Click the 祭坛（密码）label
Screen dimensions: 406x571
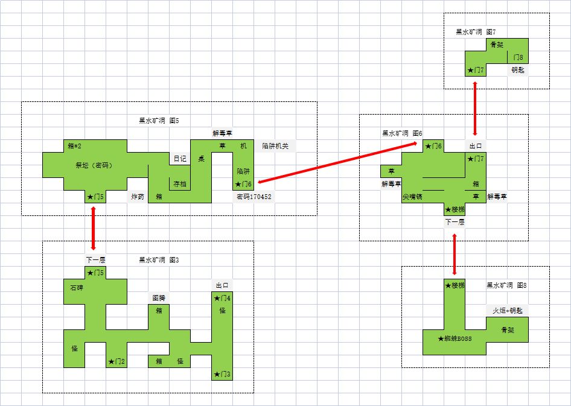point(94,165)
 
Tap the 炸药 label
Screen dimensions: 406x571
point(138,197)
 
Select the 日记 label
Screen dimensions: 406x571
point(180,159)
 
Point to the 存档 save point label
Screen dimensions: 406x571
point(180,184)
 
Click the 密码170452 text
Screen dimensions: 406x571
point(253,197)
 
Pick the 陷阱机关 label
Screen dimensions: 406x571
point(275,146)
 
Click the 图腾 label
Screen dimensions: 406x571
point(159,298)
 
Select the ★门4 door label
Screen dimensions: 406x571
point(222,298)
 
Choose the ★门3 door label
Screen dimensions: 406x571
point(222,375)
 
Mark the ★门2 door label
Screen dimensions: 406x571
point(116,361)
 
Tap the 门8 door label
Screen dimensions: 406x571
point(518,58)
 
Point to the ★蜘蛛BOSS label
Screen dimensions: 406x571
point(455,339)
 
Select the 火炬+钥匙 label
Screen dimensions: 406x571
point(508,311)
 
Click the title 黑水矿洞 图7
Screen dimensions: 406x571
point(476,31)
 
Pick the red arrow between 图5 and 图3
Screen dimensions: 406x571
point(93,228)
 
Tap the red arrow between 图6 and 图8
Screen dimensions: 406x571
point(455,248)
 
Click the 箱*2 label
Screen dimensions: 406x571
point(75,146)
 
